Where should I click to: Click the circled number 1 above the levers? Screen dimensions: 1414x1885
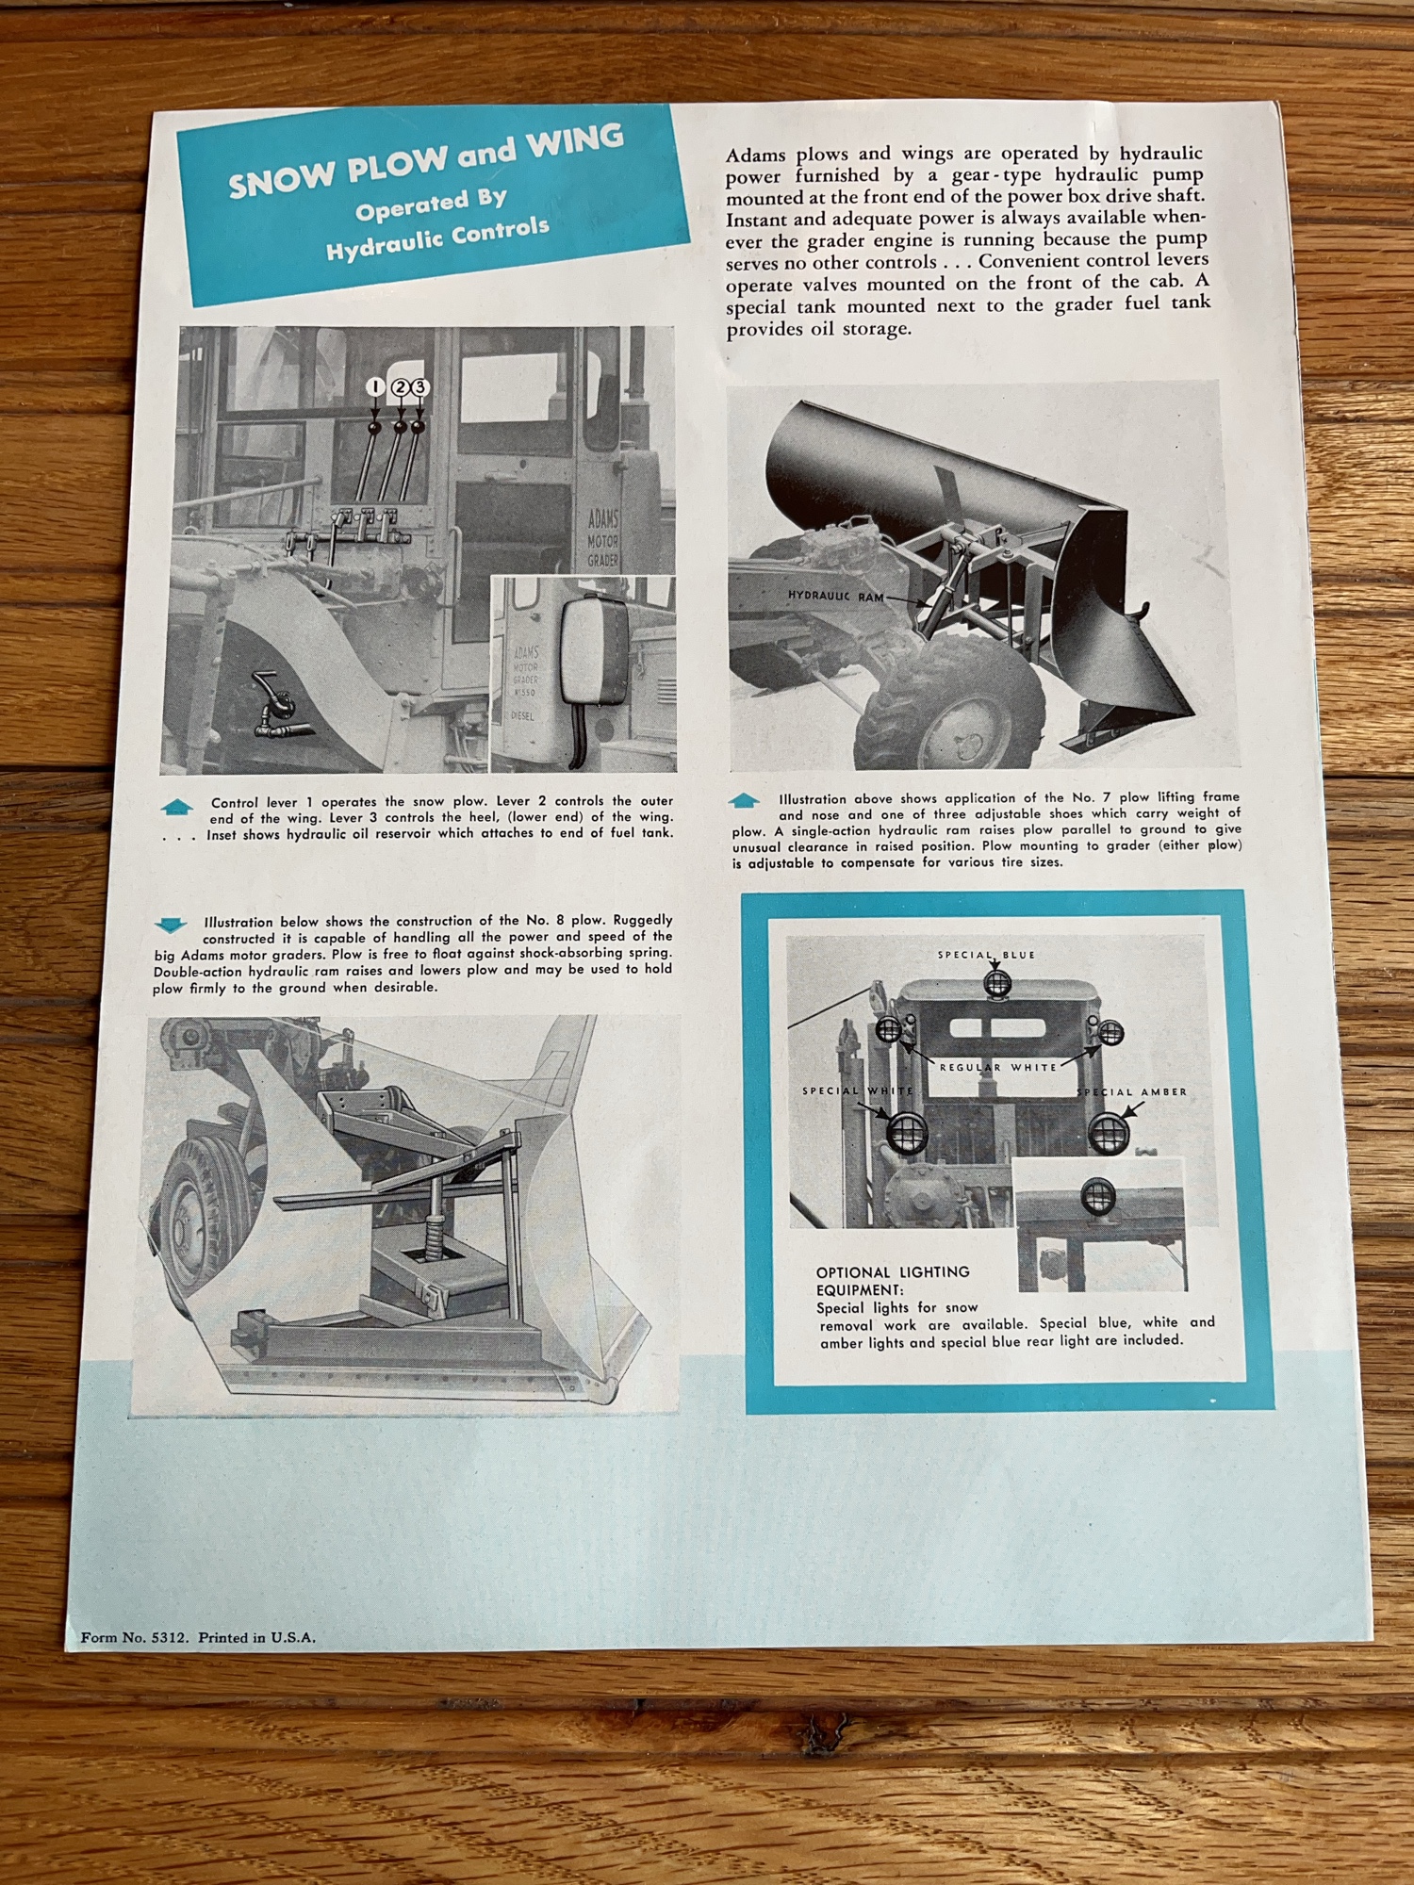(374, 387)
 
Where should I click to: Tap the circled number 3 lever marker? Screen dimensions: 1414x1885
(419, 387)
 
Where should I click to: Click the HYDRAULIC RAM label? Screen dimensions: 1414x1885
(835, 596)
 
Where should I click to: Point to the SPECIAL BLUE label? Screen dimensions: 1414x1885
(986, 955)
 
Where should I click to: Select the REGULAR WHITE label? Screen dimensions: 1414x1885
(998, 1067)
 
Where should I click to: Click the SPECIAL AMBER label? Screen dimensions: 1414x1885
(1132, 1091)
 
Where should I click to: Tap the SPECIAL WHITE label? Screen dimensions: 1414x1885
(858, 1090)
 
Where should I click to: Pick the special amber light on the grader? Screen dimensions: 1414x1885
(1109, 1132)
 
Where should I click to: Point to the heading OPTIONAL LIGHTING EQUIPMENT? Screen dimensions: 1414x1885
(893, 1280)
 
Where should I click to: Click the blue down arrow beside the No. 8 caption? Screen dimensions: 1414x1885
(170, 924)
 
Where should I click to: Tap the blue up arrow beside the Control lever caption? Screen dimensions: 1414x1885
(177, 807)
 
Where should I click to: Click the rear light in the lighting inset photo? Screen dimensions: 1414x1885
(1096, 1195)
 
